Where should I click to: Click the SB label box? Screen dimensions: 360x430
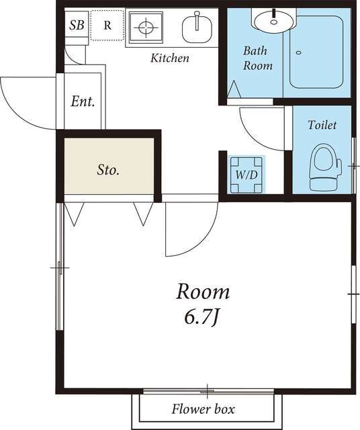click(x=77, y=24)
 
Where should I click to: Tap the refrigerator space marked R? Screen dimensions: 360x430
click(x=107, y=26)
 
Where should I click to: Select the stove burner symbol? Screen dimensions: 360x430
click(x=146, y=27)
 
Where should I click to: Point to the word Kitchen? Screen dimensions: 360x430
click(x=170, y=58)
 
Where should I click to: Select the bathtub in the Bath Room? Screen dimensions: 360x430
click(x=316, y=52)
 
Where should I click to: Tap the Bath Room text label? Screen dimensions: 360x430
click(x=258, y=58)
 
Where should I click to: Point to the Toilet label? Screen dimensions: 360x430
click(x=322, y=125)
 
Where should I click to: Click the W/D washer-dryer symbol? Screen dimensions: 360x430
click(x=246, y=175)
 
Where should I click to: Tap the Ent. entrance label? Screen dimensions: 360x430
click(x=83, y=101)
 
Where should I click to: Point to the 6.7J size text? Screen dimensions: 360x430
click(x=202, y=318)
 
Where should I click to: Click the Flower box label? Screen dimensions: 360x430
click(x=203, y=409)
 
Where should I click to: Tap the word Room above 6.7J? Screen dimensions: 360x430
click(x=203, y=292)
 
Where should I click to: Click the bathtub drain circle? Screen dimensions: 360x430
click(x=299, y=52)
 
